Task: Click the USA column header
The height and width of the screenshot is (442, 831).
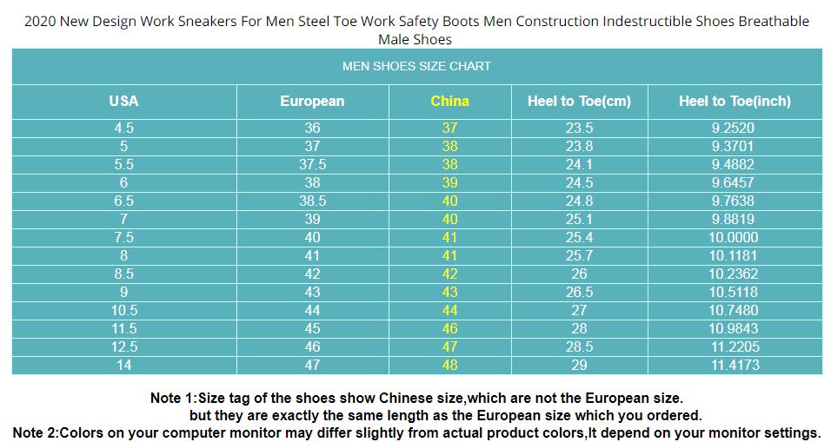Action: pos(123,101)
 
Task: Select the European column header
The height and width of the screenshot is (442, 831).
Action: pos(312,101)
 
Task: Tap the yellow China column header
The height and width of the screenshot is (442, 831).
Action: pos(449,101)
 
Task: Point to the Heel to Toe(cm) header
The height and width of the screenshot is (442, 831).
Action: pos(579,101)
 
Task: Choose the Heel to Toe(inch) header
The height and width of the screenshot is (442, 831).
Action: pos(735,101)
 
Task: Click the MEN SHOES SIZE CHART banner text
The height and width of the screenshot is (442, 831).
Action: pos(416,66)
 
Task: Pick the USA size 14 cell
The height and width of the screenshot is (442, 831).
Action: pos(123,365)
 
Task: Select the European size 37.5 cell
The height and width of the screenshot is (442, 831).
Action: pos(312,164)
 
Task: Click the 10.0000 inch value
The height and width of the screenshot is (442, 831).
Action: pos(734,237)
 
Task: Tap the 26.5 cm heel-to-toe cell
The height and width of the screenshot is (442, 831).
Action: pos(579,292)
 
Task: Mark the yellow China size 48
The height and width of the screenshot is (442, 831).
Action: pos(449,365)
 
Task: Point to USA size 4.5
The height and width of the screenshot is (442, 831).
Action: pos(123,128)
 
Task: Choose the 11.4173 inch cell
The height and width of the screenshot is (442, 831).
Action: pos(734,365)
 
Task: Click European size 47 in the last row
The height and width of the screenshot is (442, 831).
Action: pos(312,365)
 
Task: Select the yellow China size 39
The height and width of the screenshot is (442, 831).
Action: pos(449,182)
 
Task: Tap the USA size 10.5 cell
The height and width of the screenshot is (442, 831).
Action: pos(123,310)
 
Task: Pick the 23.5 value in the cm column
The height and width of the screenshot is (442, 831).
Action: pos(579,128)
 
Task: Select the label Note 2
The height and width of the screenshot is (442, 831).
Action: pos(36,432)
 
